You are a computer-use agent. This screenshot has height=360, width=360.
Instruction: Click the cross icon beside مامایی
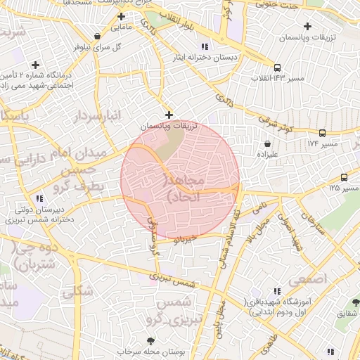click(122, 16)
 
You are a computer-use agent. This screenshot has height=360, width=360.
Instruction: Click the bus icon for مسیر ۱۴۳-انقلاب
click(278, 67)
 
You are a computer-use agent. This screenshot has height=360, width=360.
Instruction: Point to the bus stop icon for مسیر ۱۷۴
click(322, 132)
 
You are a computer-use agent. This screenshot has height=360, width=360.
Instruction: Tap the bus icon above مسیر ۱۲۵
click(344, 177)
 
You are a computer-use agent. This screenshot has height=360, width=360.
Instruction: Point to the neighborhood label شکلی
click(77, 290)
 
